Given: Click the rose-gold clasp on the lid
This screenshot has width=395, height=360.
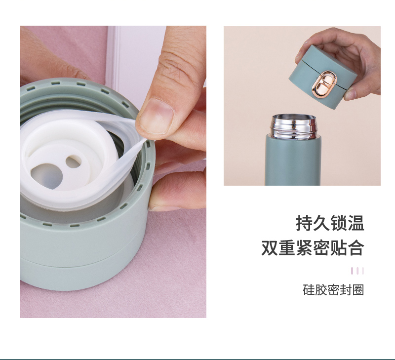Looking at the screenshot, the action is (323, 85).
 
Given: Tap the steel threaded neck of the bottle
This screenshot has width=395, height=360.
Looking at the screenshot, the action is (293, 126).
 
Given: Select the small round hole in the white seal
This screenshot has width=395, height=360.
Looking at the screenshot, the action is (74, 161).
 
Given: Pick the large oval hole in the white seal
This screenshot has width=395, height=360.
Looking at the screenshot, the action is (46, 176).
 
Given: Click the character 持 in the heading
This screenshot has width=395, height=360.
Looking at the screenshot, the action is (304, 223).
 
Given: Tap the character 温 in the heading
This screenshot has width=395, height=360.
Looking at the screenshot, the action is (356, 223).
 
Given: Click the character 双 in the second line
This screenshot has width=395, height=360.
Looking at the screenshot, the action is (270, 248).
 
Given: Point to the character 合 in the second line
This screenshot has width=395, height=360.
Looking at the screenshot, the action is (356, 248).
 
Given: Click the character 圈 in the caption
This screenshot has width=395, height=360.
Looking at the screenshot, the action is (358, 290).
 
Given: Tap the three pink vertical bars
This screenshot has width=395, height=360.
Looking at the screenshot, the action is (357, 271).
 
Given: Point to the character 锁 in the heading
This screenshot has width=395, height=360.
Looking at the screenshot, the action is (339, 223).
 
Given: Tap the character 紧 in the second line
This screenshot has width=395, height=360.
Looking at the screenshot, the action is (304, 248).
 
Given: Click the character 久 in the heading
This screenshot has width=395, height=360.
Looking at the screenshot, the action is (322, 223).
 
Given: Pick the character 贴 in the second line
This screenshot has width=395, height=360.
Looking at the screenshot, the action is (339, 248).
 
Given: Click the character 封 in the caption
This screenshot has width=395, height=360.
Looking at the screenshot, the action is (346, 290).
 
